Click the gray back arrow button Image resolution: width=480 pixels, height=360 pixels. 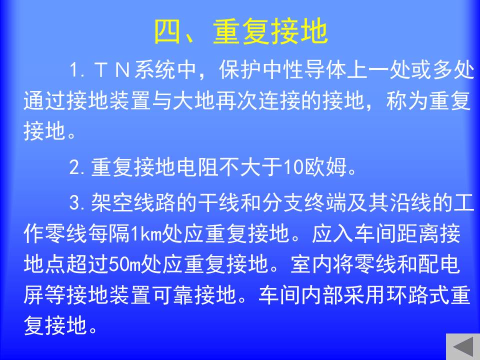(x=463, y=346)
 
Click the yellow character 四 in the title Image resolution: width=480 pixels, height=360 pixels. (x=167, y=31)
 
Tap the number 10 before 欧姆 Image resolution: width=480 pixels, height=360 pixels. (x=293, y=167)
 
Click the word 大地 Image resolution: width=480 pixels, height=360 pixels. (x=193, y=100)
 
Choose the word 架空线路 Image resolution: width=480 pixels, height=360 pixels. (x=133, y=202)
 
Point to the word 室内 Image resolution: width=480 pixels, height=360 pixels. (x=311, y=264)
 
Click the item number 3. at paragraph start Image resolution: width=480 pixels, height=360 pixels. (x=76, y=202)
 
